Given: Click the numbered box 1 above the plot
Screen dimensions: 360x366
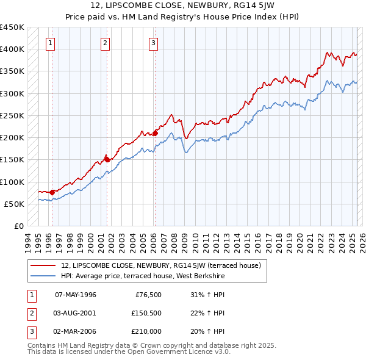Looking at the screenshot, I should coord(49,43).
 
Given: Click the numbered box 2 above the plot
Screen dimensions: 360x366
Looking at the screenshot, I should coord(105,43).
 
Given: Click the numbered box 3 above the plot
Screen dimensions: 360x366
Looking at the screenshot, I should coord(152,43).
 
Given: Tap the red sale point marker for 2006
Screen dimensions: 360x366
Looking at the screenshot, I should coord(156,132).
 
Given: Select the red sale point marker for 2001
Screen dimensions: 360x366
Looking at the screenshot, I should coord(107,159).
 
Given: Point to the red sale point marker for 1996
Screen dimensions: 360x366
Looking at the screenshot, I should coord(52,192).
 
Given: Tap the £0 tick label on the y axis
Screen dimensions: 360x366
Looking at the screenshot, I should coord(18,226).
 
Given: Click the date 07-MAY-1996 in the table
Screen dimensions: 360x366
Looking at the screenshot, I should coord(76,294).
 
